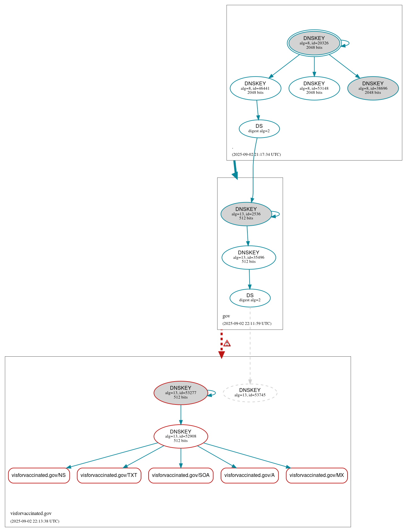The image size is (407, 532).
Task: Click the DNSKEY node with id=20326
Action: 314,43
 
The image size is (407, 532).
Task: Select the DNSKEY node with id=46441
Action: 255,88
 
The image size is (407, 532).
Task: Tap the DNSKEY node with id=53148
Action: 314,88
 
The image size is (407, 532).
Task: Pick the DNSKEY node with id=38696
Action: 373,88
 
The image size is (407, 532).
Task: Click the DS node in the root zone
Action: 259,128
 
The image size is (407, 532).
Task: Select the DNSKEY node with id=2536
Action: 246,214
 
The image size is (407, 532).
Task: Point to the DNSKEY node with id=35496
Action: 249,257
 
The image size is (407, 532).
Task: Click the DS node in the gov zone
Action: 250,298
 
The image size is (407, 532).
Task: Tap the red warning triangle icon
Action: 227,343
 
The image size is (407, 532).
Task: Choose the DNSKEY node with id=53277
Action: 180,393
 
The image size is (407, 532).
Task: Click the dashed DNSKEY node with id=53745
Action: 250,393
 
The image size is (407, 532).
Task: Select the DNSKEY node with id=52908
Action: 180,436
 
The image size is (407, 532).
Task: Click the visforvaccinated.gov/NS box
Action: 39,475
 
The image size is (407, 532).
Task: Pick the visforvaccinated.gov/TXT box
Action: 109,475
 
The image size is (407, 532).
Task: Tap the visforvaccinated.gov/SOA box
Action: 181,475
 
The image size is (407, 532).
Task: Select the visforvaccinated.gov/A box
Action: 250,475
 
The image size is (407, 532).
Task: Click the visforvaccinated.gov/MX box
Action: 317,475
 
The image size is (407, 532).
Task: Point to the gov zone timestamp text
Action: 247,323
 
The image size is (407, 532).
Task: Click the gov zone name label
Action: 226,316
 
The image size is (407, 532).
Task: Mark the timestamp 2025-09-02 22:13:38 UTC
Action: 35,521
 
